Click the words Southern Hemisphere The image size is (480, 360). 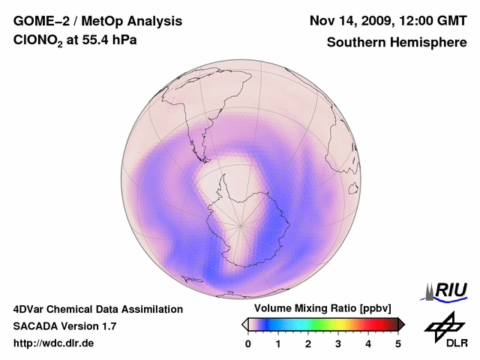(397, 43)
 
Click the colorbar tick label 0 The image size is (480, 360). (248, 343)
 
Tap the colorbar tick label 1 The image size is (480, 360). (278, 343)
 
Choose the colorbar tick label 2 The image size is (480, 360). (308, 343)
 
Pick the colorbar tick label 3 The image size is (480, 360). (338, 343)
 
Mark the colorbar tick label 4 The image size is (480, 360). (368, 343)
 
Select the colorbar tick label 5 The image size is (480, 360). (398, 343)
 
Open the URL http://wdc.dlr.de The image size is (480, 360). (54, 344)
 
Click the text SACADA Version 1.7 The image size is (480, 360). (64, 327)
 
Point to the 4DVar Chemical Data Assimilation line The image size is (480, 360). (97, 309)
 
